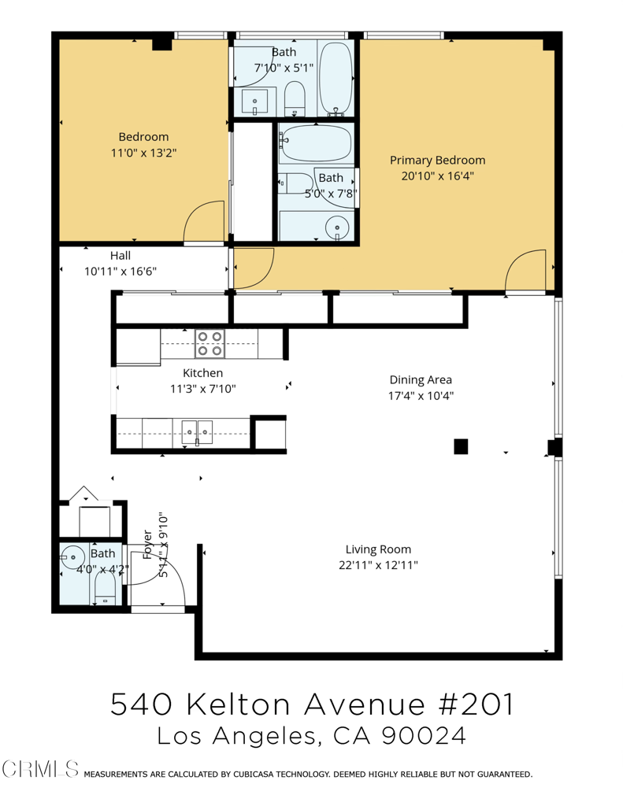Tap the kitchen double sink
(197, 431)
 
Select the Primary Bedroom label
(437, 160)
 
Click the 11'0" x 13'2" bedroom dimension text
(143, 153)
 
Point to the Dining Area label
(421, 379)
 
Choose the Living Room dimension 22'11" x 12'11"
(378, 565)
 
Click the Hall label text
(121, 256)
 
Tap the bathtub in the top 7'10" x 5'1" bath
(337, 79)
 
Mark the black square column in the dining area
(461, 446)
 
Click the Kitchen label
(203, 373)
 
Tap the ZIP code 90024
(423, 735)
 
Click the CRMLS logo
(41, 768)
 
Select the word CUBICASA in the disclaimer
(258, 775)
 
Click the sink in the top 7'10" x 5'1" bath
(255, 101)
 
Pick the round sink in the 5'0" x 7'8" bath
(338, 227)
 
